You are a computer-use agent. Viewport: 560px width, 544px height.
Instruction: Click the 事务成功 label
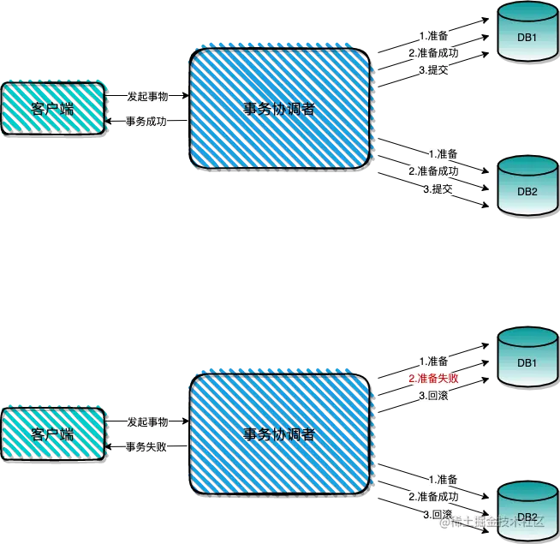[147, 123]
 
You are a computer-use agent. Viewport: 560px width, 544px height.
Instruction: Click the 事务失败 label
[146, 446]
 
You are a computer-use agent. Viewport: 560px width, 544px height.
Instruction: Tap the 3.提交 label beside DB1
[434, 70]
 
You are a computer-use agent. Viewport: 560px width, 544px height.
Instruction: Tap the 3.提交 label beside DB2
[438, 188]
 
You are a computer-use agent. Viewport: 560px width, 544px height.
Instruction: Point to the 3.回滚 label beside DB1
[434, 397]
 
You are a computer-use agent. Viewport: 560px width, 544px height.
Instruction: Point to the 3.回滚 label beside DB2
[438, 515]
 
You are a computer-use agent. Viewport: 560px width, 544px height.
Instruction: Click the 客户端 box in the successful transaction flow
[53, 107]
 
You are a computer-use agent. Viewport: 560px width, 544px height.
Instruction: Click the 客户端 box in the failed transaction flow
[53, 433]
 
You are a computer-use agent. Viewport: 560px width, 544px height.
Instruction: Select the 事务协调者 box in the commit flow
[280, 107]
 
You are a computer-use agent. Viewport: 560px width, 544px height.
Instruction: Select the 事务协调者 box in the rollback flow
[280, 433]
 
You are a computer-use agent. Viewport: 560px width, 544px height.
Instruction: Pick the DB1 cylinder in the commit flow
[527, 34]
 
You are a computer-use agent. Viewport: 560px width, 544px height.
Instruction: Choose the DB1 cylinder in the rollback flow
[527, 361]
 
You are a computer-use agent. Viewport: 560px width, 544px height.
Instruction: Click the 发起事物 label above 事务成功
[147, 95]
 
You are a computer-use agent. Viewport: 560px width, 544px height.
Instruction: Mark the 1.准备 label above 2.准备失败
[434, 361]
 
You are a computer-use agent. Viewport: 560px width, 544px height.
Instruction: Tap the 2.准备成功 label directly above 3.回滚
[434, 497]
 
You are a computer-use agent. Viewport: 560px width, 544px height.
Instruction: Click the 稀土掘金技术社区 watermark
[497, 520]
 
